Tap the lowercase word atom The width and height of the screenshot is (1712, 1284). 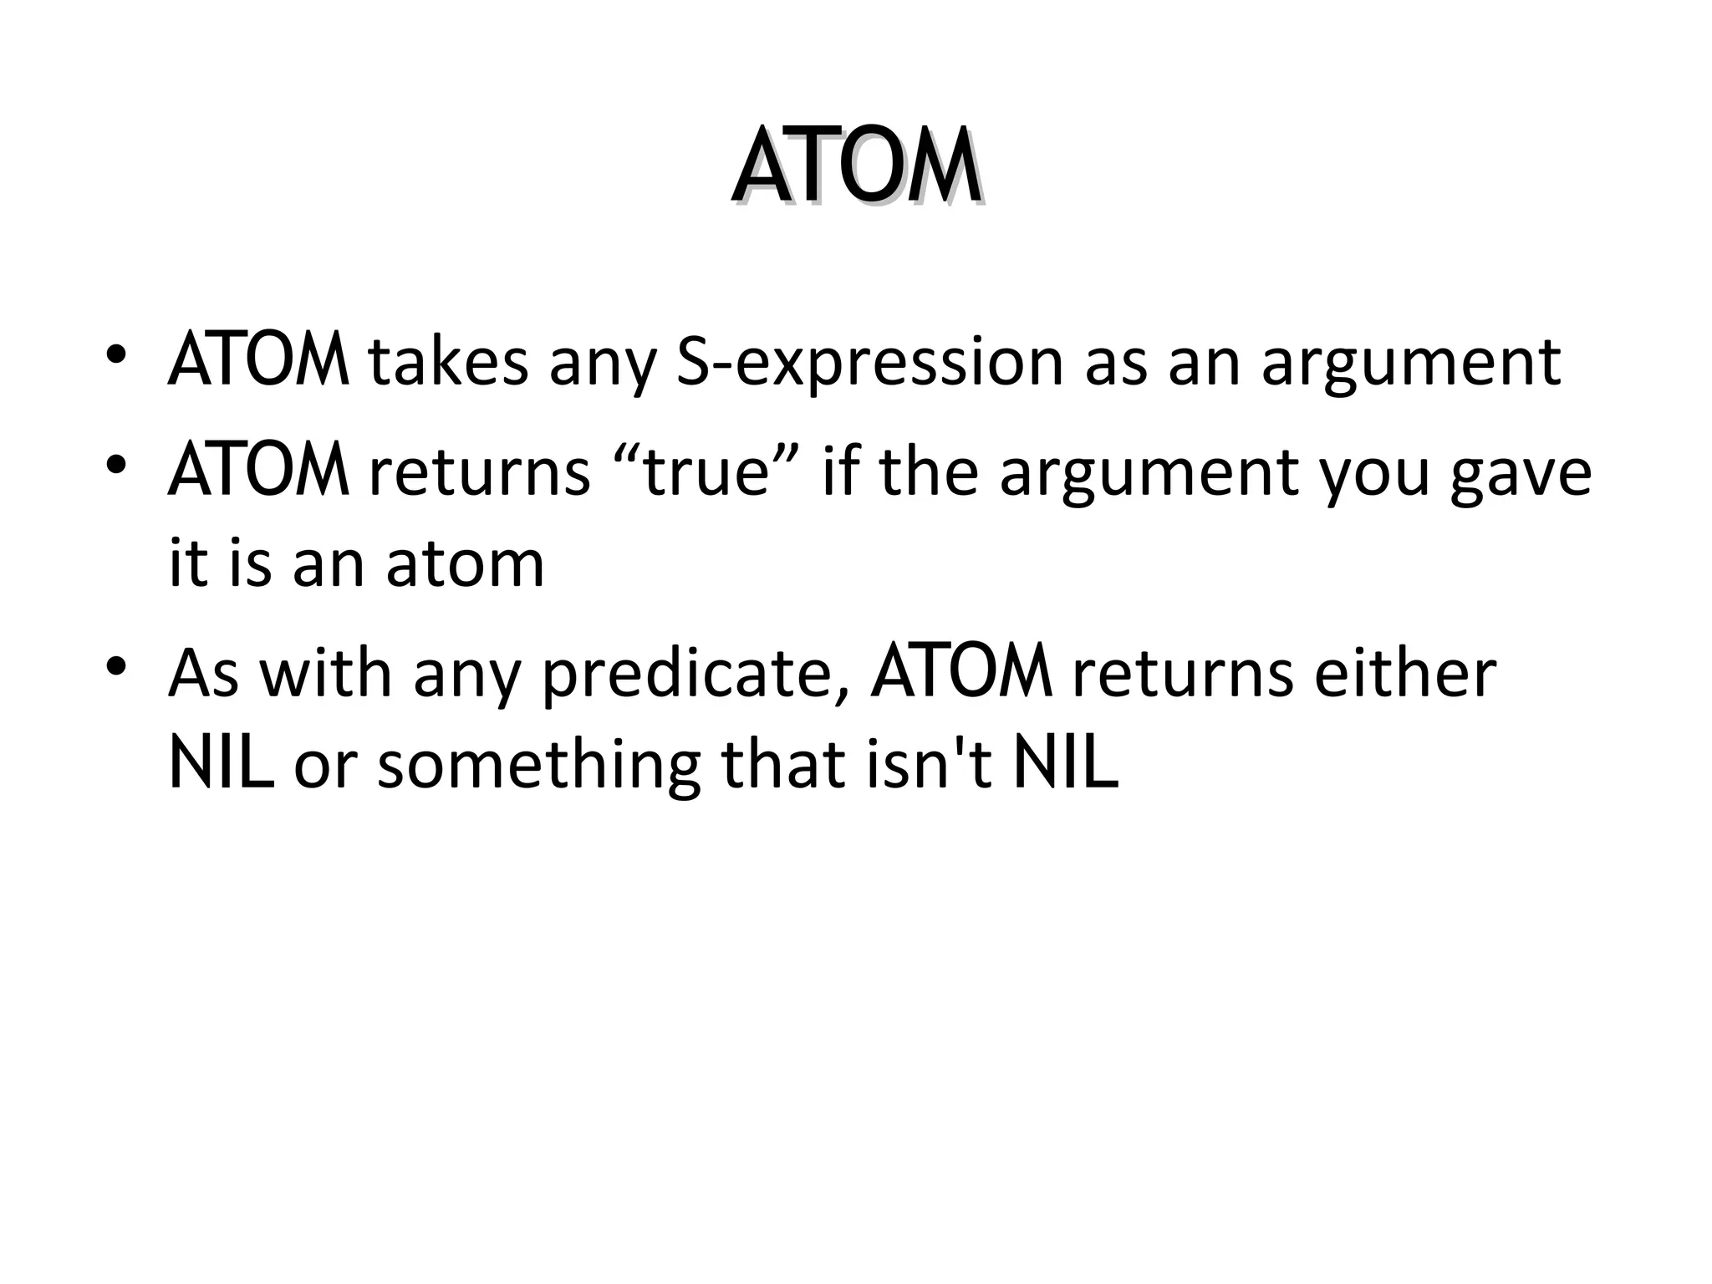point(465,565)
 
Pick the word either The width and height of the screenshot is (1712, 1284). point(1404,674)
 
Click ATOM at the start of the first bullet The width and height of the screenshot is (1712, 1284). point(258,363)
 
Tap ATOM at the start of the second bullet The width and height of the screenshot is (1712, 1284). point(258,473)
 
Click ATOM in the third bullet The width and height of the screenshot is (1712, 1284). point(961,674)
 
